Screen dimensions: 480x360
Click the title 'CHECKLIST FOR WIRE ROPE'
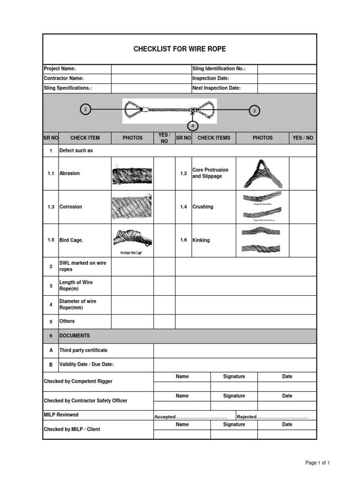pos(180,49)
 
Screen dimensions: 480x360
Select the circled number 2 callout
pos(85,110)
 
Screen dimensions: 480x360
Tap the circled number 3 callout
pos(254,111)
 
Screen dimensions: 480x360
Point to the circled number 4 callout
pos(192,126)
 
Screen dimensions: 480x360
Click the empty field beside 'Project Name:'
pos(151,69)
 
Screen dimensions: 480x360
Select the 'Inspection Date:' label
pos(210,78)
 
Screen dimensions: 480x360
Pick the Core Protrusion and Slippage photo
pos(262,174)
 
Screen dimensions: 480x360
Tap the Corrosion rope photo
pos(132,207)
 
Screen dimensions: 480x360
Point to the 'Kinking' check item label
pos(201,240)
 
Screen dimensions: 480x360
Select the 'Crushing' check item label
pos(202,207)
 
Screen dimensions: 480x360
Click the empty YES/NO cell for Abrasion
pos(164,173)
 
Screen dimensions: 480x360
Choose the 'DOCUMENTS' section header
pos(75,336)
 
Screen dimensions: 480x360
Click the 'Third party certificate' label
pos(83,350)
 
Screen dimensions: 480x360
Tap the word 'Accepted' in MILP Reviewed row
pos(165,417)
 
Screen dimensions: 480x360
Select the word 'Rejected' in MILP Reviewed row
pos(247,417)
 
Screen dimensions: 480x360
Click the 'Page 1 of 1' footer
pos(317,463)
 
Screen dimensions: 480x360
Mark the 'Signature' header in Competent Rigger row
pos(234,376)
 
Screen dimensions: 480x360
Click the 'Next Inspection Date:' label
pos(216,88)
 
